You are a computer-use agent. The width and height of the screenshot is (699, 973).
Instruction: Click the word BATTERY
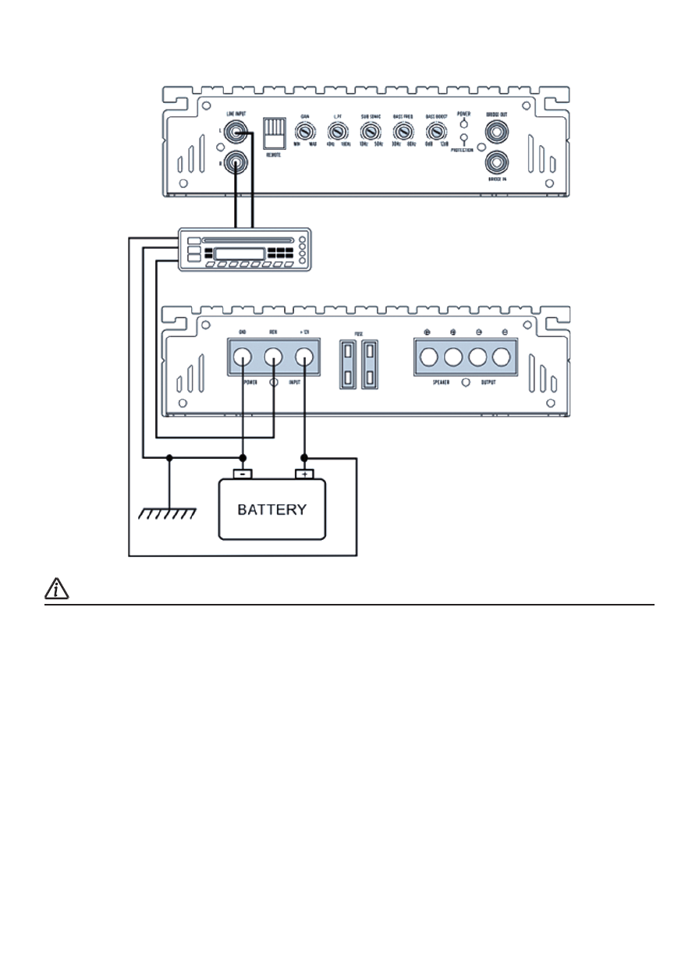point(271,510)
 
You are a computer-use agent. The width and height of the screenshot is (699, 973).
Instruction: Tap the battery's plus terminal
point(304,474)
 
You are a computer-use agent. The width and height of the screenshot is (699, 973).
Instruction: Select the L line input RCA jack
point(233,134)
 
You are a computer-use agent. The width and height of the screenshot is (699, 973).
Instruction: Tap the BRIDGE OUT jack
point(496,134)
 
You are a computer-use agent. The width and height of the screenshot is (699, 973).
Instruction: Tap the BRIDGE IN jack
point(496,163)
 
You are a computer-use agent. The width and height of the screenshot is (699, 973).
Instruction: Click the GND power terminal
point(243,358)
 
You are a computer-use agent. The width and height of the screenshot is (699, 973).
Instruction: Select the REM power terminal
point(273,358)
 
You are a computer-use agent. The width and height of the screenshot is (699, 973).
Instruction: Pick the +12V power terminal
point(303,358)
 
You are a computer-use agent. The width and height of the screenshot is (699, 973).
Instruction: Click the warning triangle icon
point(57,590)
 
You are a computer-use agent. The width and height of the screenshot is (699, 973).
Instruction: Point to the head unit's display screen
point(239,253)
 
